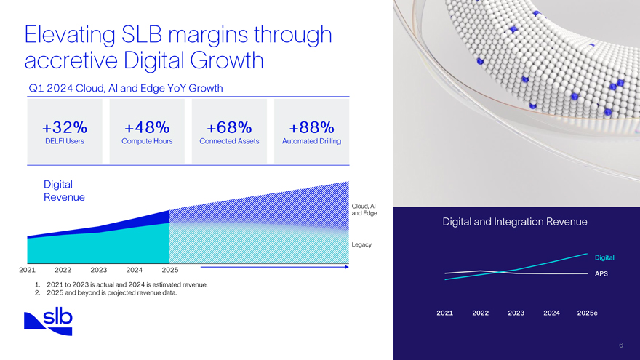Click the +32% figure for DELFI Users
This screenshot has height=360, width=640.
65,127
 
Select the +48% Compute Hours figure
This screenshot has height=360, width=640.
147,127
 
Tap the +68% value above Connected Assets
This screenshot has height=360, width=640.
229,127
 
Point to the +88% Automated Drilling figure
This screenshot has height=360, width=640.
311,127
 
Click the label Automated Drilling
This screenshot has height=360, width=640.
311,141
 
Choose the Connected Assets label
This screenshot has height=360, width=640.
229,141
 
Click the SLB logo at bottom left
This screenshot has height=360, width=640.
49,321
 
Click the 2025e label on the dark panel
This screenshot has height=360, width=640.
587,313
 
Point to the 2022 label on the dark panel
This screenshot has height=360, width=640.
480,313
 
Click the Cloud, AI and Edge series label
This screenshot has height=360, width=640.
363,209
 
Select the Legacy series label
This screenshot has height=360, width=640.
361,244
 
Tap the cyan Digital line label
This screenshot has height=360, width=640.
604,257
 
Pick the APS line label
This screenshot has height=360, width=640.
601,274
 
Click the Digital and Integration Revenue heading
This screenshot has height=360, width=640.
514,222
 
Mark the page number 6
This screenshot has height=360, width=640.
620,345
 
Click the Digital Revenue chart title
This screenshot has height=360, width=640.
64,191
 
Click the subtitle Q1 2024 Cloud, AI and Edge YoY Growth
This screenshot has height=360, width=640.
125,88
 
